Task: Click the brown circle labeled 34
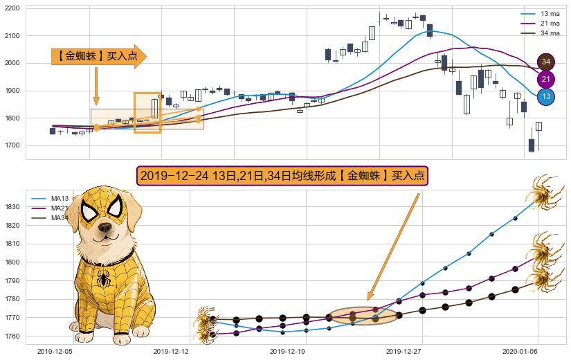click(545, 62)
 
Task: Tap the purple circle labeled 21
click(545, 79)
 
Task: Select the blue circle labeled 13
click(545, 96)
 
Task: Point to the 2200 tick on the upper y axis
click(13, 8)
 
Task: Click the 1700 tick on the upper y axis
click(13, 145)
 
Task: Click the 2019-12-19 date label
click(287, 351)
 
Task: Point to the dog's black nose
click(105, 226)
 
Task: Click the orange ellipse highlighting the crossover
click(363, 316)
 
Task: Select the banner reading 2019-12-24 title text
click(282, 176)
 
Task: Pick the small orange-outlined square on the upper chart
click(147, 112)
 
